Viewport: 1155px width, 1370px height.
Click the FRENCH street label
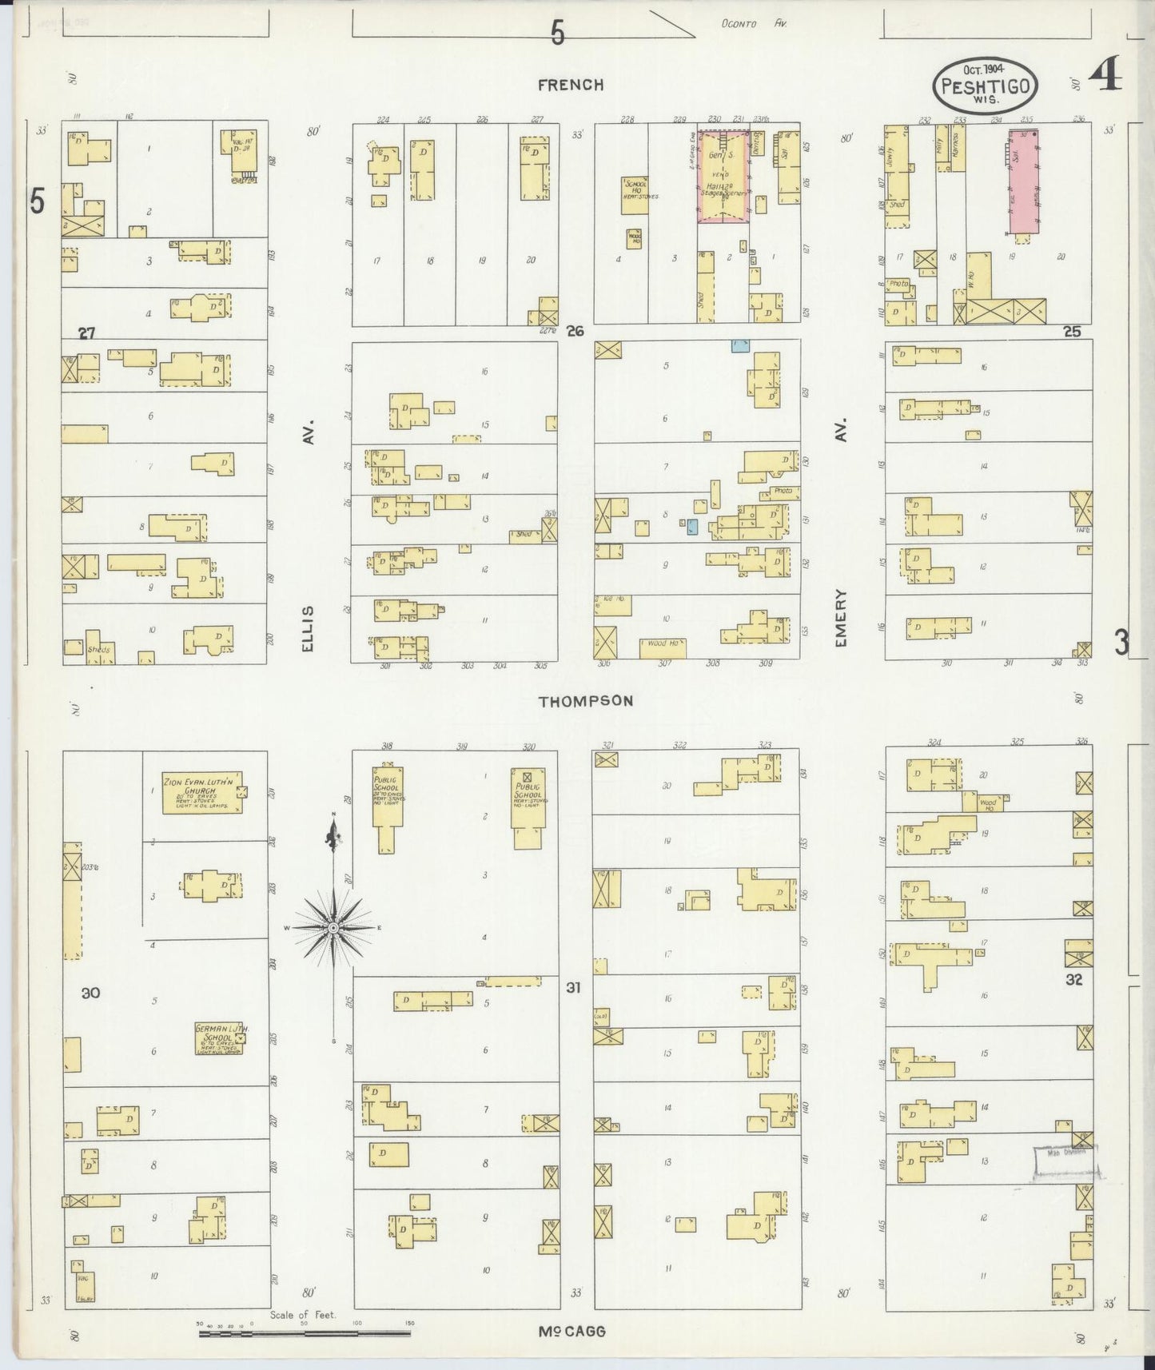[x=570, y=85]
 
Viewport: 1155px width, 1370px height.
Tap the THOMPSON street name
[x=585, y=701]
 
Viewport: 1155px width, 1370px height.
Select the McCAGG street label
[x=571, y=1331]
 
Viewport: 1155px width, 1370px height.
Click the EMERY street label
[x=841, y=617]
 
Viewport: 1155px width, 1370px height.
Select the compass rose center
[x=333, y=927]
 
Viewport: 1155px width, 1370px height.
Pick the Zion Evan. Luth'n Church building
[x=202, y=791]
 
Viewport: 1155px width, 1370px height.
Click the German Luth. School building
[x=218, y=1038]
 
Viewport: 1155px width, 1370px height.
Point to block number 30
[x=90, y=993]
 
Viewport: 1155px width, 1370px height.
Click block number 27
[x=86, y=333]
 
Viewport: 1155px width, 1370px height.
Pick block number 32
[x=1073, y=979]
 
